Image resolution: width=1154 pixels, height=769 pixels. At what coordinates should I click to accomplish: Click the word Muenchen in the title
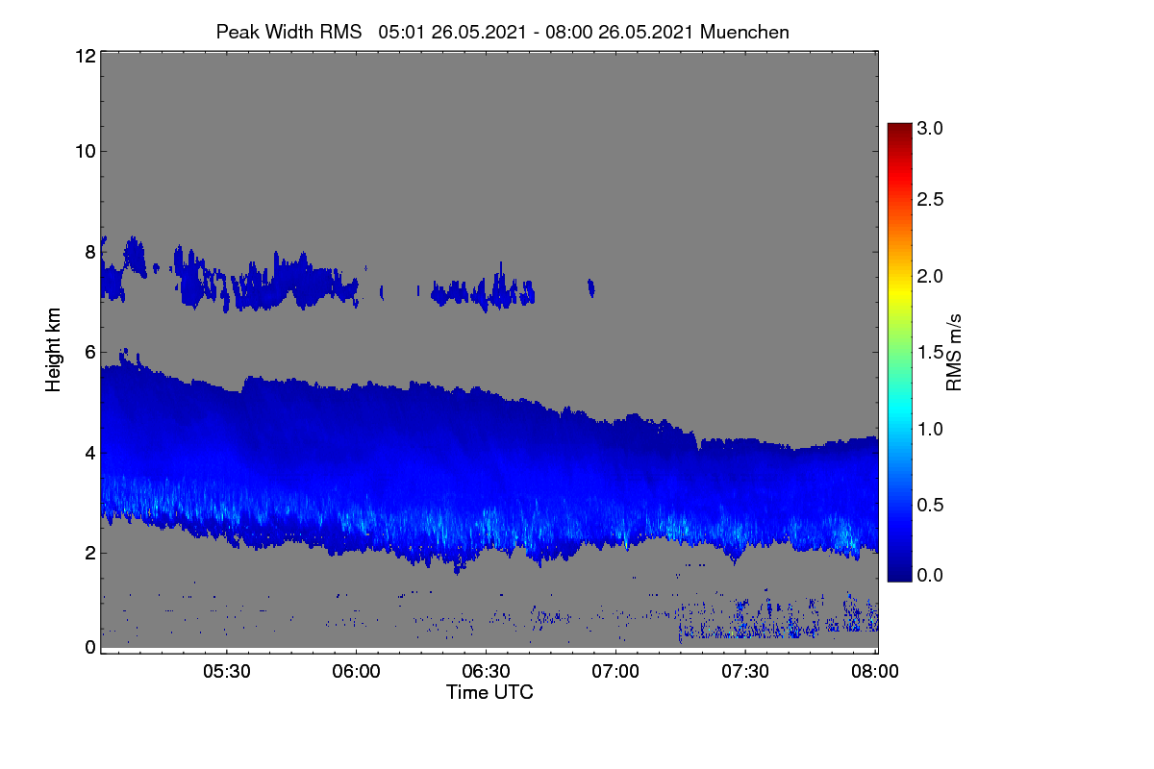744,32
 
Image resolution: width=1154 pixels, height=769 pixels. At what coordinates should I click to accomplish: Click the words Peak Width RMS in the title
288,32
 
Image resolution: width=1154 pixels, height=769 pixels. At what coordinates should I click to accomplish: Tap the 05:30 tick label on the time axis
227,671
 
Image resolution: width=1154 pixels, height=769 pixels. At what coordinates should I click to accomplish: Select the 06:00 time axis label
356,671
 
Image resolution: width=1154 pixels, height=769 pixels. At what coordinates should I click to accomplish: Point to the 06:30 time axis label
486,671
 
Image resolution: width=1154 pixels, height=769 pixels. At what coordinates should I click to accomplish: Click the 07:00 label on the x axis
615,671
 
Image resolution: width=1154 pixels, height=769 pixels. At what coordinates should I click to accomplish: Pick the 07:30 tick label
745,671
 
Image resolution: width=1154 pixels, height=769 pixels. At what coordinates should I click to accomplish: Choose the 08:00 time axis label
875,671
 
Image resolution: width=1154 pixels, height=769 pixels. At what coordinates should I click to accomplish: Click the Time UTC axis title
489,692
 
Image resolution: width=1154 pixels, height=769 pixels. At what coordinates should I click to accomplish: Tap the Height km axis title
53,350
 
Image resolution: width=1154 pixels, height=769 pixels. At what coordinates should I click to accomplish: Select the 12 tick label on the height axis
86,56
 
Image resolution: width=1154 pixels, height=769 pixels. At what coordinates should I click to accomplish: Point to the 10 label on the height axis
86,152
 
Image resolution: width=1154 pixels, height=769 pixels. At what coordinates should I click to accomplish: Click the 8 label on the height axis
90,252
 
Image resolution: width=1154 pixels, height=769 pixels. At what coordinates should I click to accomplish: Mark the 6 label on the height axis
90,353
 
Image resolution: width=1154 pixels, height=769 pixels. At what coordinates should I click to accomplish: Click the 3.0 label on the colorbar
930,128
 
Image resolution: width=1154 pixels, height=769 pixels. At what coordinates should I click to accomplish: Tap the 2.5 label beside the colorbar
930,199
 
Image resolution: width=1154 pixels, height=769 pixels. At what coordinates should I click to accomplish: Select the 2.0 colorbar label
930,276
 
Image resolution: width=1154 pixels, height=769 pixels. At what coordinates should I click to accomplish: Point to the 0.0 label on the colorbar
930,575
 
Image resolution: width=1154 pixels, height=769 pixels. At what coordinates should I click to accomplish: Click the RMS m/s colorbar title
954,353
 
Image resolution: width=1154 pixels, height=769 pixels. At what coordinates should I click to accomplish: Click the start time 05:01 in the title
401,32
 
